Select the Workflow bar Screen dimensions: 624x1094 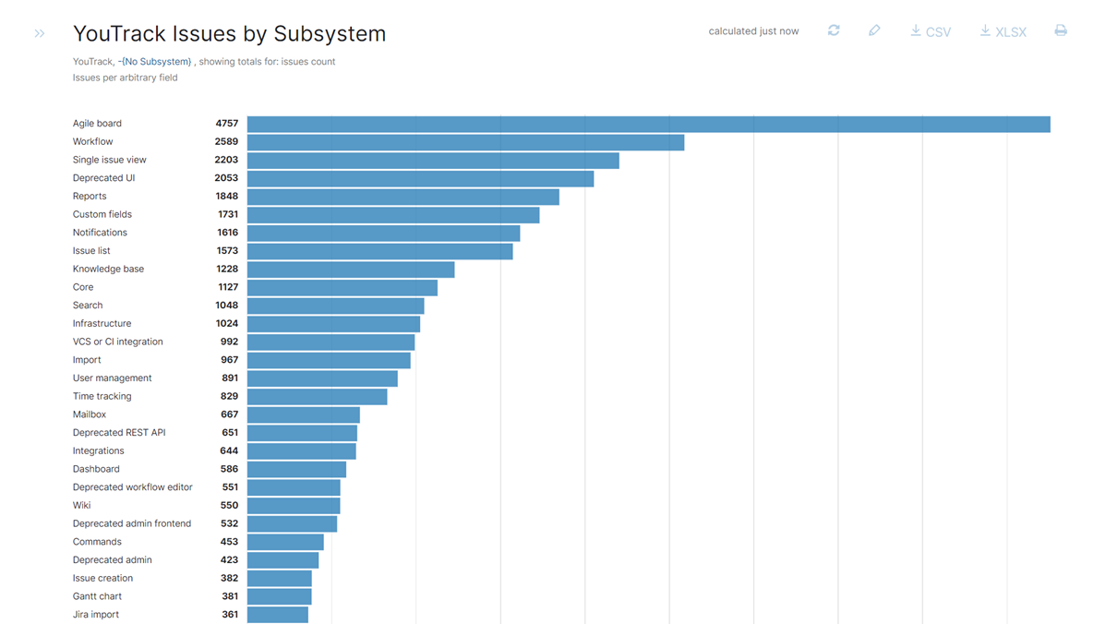click(465, 142)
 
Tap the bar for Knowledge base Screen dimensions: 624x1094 click(351, 270)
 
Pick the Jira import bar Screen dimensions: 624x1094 click(278, 615)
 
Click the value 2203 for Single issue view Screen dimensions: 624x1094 click(226, 160)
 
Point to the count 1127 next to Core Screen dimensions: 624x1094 click(228, 287)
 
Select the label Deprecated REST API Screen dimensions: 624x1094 click(119, 433)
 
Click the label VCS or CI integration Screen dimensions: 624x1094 click(117, 342)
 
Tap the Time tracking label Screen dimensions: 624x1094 click(102, 396)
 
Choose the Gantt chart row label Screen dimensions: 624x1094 click(97, 596)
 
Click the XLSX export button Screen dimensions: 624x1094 click(1004, 31)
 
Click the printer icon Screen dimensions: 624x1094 click(1061, 30)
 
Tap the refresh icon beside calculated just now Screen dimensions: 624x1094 click(834, 30)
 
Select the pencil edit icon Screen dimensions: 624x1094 click(874, 30)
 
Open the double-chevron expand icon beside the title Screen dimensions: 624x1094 click(40, 34)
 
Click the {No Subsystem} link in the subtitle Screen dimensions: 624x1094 click(157, 62)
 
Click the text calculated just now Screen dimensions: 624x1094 click(753, 31)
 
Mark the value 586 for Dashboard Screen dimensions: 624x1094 click(229, 469)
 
